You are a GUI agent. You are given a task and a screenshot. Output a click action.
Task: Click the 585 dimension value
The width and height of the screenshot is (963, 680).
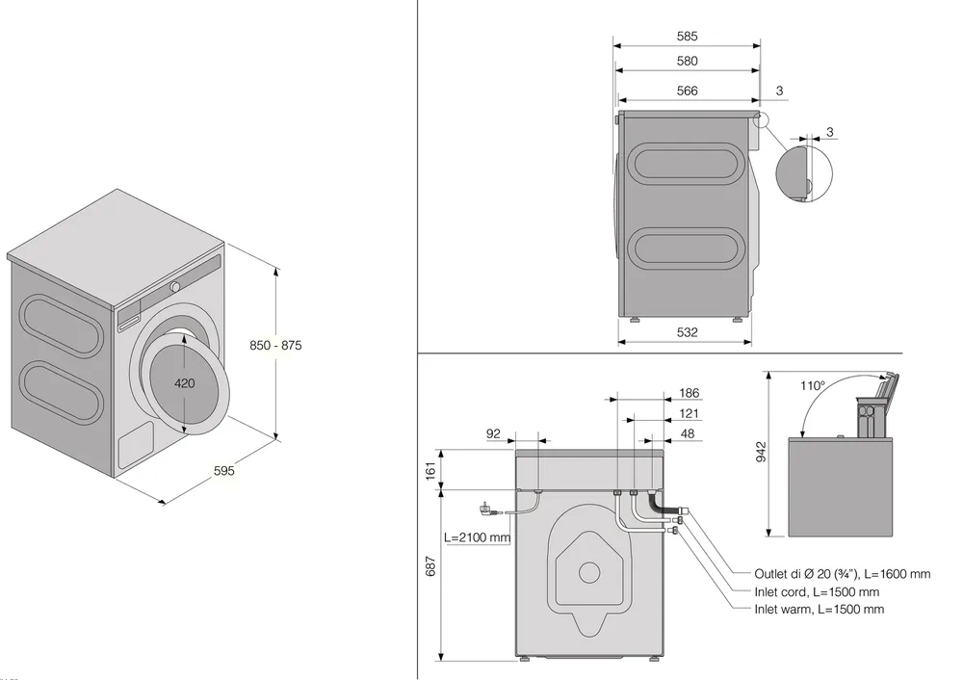pos(687,37)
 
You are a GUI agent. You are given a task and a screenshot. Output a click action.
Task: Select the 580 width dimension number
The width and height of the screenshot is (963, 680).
pos(687,61)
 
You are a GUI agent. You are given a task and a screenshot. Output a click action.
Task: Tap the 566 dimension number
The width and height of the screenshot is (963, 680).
pos(687,92)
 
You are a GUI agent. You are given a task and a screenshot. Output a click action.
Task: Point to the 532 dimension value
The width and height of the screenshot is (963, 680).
pos(687,332)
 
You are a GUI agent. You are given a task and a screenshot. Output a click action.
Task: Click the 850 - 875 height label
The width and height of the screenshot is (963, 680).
pos(275,345)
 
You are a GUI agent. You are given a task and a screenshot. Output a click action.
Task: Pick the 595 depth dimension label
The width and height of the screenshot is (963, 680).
pos(224,471)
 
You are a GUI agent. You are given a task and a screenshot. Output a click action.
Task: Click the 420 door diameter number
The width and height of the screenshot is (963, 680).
pos(185,383)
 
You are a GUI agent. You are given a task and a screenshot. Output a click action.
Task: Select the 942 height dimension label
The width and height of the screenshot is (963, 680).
pos(762,454)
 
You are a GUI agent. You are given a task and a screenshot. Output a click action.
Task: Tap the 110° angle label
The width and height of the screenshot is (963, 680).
pos(813,385)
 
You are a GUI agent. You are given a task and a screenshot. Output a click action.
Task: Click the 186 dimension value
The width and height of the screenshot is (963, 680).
pos(690,393)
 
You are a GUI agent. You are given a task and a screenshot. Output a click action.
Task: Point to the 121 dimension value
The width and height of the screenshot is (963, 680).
pos(690,413)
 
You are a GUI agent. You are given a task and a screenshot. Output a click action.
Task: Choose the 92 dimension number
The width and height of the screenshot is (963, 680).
pos(493,433)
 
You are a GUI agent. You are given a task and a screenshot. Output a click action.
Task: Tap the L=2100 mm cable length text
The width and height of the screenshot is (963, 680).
pos(477,537)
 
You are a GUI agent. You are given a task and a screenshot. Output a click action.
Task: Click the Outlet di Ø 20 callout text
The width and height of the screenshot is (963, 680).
pos(842,574)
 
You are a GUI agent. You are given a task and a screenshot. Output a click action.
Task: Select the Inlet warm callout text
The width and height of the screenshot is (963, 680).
pos(819,610)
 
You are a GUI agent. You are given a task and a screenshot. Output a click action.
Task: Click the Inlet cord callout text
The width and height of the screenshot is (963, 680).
pos(817,591)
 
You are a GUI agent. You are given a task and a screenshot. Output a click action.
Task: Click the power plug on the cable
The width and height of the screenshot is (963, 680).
pos(484,508)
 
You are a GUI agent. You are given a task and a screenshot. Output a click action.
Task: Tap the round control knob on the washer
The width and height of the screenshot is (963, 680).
pos(176,287)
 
